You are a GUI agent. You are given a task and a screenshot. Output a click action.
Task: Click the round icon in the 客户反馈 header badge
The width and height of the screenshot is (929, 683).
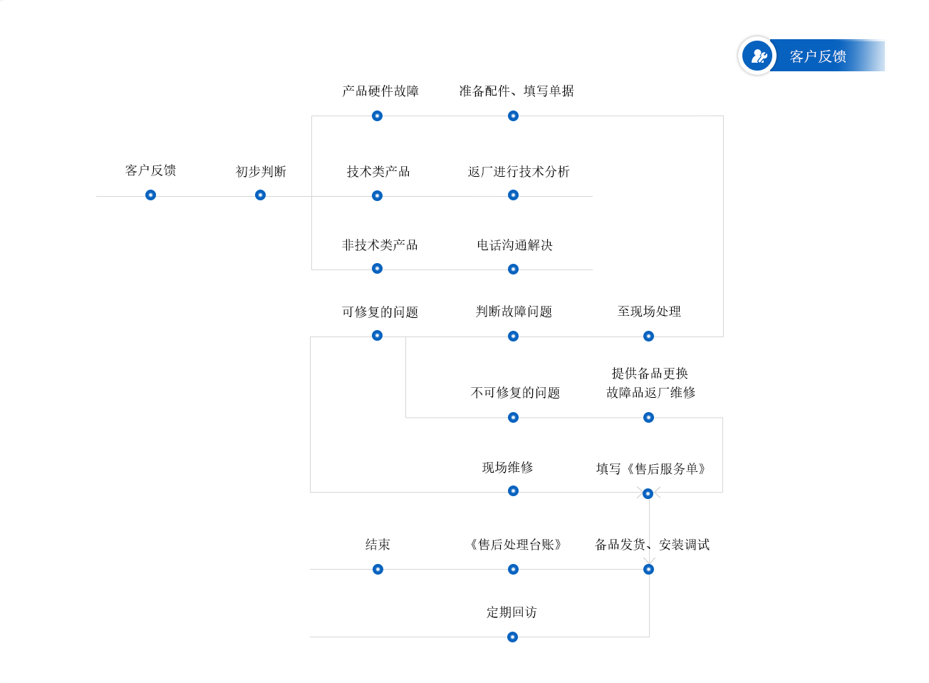tap(757, 56)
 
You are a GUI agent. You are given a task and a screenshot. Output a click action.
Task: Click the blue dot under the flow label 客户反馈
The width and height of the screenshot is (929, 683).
tap(150, 195)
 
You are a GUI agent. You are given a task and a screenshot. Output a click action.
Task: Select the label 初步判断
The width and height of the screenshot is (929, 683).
tap(261, 172)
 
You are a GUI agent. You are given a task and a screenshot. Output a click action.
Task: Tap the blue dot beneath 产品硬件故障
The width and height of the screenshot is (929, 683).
tap(377, 115)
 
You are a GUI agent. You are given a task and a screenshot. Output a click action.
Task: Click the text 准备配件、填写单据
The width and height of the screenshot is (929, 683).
tap(516, 91)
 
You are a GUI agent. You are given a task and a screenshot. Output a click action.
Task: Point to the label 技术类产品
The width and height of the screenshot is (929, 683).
tap(378, 172)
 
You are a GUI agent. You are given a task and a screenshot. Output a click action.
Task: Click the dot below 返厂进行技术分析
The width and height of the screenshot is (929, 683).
tap(513, 195)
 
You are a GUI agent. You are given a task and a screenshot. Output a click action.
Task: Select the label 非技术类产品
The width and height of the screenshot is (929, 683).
tap(380, 245)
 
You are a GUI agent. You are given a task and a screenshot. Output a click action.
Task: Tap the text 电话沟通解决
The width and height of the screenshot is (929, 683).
tap(514, 245)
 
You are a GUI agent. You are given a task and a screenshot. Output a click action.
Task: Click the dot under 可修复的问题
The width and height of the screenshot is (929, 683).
tap(377, 335)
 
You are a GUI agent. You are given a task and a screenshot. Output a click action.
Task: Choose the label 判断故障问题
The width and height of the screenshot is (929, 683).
tap(514, 312)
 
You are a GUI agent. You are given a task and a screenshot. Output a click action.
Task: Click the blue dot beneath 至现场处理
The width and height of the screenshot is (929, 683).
tap(648, 336)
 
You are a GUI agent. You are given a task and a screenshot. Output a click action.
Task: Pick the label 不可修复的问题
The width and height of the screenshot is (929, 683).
tap(515, 393)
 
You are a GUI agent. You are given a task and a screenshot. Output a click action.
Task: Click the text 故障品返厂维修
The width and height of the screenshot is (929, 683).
tap(650, 393)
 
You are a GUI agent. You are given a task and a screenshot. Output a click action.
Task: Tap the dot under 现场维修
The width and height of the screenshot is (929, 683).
tap(513, 491)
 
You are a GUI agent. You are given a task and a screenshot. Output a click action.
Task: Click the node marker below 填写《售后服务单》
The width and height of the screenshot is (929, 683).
tap(648, 493)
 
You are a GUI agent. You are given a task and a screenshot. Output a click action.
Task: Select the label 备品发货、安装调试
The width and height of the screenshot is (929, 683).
tap(652, 545)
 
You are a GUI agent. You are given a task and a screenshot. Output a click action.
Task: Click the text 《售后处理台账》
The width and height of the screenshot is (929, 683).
tap(515, 545)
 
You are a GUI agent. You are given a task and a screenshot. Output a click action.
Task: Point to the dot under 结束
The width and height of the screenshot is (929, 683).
tap(378, 569)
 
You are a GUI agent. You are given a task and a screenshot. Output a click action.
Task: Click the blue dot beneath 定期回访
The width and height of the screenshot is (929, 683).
tap(512, 637)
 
